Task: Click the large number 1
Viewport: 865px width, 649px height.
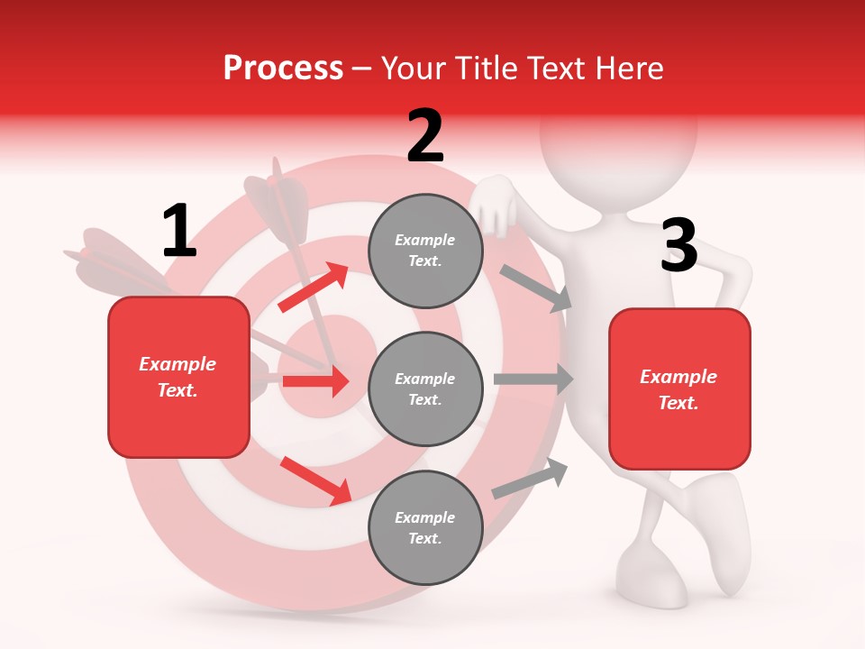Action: coord(178,232)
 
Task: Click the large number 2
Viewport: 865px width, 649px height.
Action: coord(425,136)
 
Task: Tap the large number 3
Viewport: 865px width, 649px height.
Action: coord(678,246)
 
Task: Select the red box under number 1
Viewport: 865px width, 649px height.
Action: coord(178,377)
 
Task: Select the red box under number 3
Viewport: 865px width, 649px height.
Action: coord(679,389)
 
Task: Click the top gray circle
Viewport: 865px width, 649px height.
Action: coord(425,251)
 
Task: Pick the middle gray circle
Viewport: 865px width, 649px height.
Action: coord(425,388)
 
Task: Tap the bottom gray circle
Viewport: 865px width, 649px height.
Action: coord(425,527)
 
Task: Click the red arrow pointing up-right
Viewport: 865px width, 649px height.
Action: coord(314,287)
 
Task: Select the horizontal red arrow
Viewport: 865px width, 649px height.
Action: coord(315,381)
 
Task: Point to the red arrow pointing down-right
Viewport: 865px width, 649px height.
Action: coord(315,480)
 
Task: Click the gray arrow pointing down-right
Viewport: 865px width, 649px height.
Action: coord(537,288)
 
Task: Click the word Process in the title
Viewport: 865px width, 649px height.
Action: coord(283,68)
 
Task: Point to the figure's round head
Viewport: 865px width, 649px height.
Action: coord(618,135)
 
